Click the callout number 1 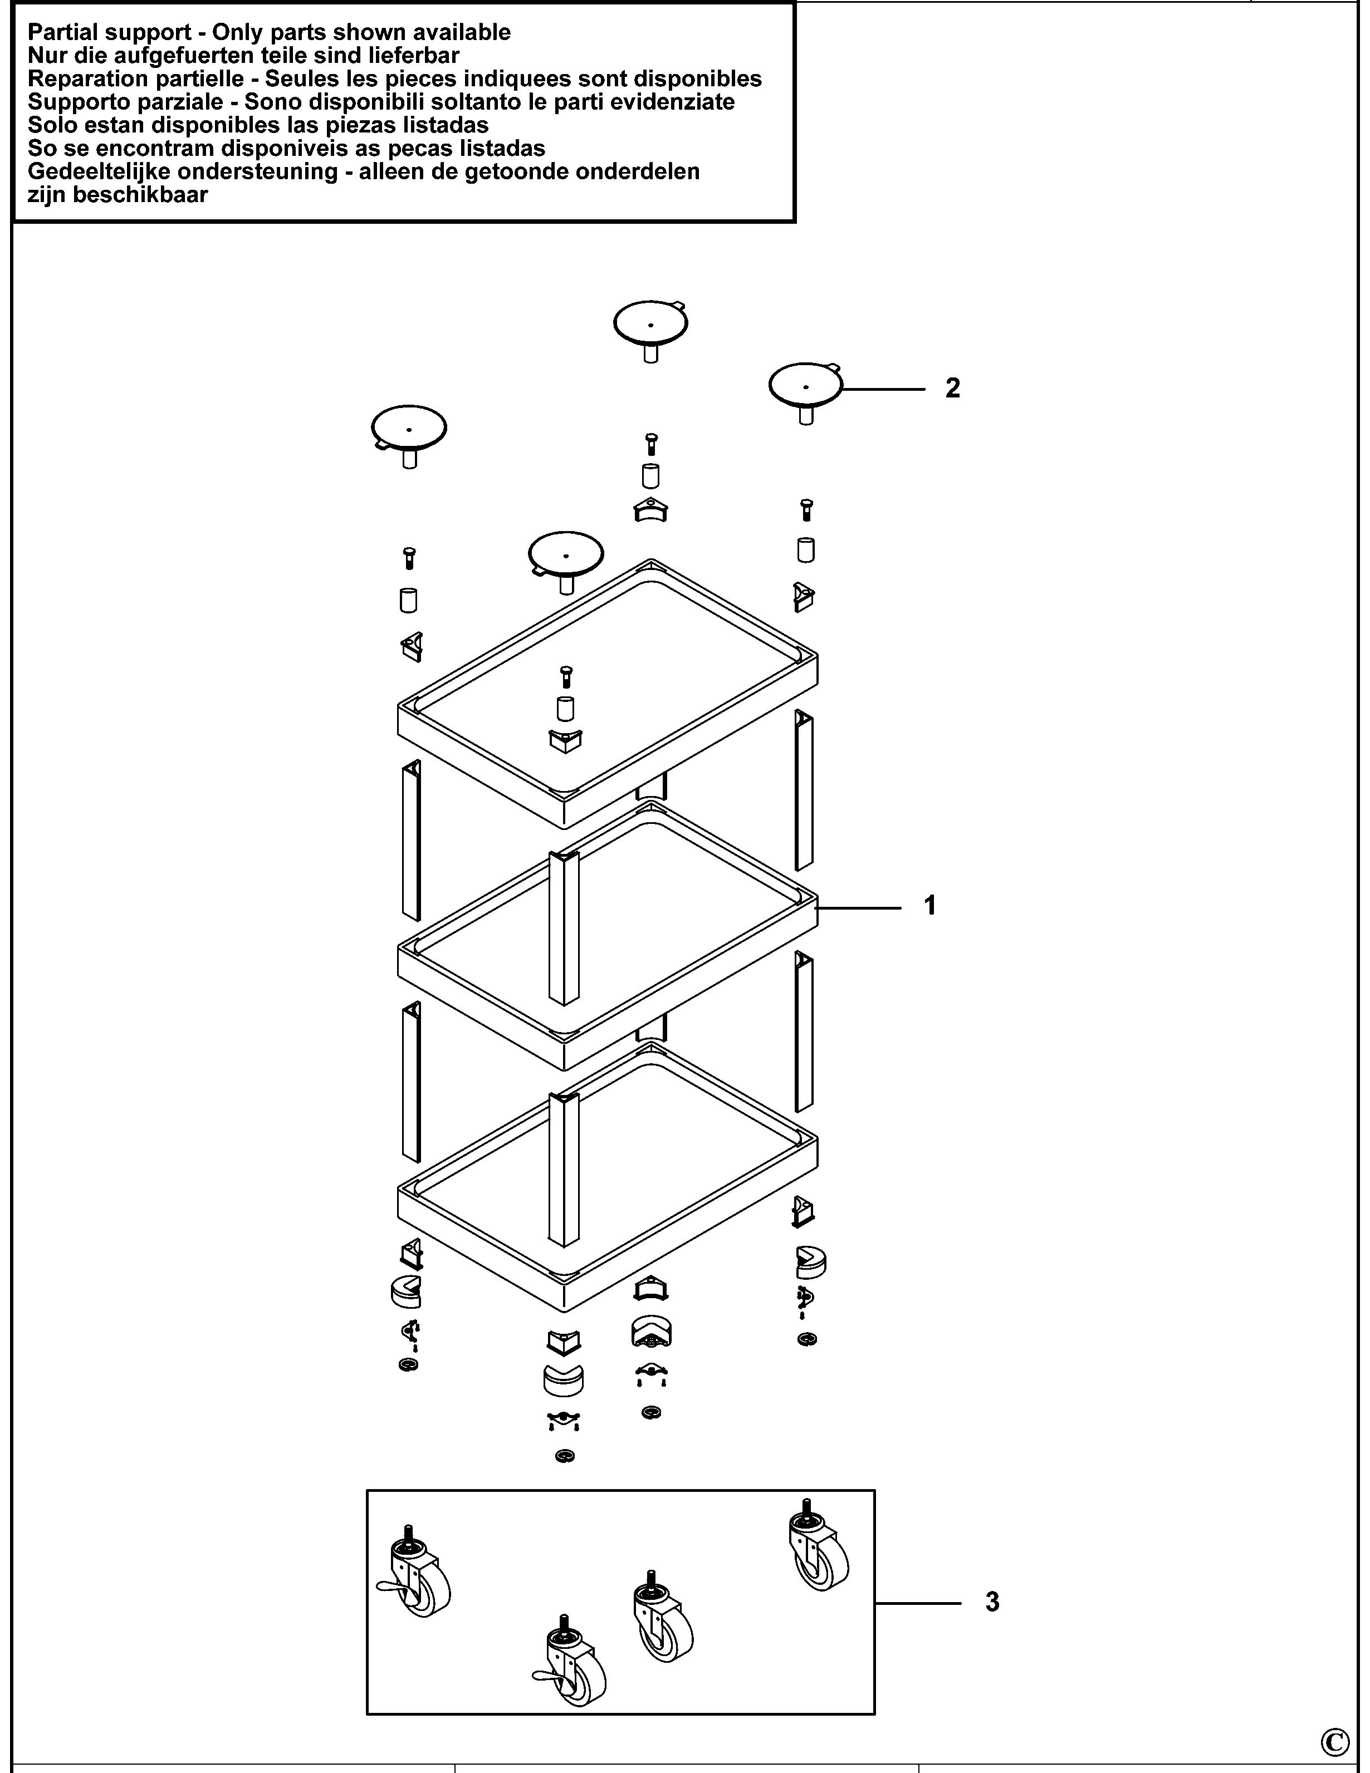[x=930, y=905]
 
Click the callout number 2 [x=952, y=388]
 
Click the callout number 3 [x=992, y=1602]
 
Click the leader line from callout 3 [x=918, y=1603]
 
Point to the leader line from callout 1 [x=859, y=907]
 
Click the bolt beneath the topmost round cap [x=650, y=444]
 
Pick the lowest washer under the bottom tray [x=565, y=1456]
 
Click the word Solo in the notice [x=50, y=125]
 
